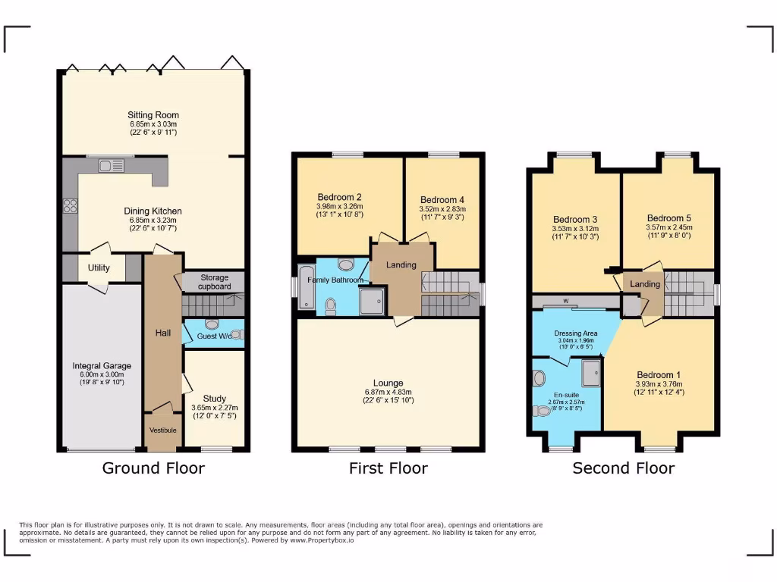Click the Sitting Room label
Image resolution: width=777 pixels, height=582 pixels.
pyautogui.click(x=153, y=115)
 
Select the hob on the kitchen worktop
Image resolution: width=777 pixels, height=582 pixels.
pyautogui.click(x=71, y=207)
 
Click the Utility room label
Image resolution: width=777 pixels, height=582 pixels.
pyautogui.click(x=99, y=268)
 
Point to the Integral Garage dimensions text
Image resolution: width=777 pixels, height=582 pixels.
pyautogui.click(x=97, y=378)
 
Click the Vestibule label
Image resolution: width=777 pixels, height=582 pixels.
pyautogui.click(x=162, y=430)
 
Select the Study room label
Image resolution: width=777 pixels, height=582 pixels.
pyautogui.click(x=214, y=399)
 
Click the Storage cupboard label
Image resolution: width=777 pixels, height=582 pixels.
pyautogui.click(x=215, y=282)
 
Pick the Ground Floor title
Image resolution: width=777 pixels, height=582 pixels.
pyautogui.click(x=153, y=468)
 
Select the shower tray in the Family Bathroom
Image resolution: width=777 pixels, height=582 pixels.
pyautogui.click(x=372, y=302)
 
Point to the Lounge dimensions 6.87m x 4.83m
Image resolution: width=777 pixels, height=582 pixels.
pyautogui.click(x=388, y=391)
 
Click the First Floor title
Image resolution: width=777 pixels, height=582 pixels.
pyautogui.click(x=388, y=468)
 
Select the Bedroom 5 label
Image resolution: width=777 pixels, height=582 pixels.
pyautogui.click(x=668, y=217)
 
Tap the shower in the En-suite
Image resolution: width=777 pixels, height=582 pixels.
pyautogui.click(x=590, y=372)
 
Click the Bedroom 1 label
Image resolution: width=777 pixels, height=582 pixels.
pyautogui.click(x=659, y=375)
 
